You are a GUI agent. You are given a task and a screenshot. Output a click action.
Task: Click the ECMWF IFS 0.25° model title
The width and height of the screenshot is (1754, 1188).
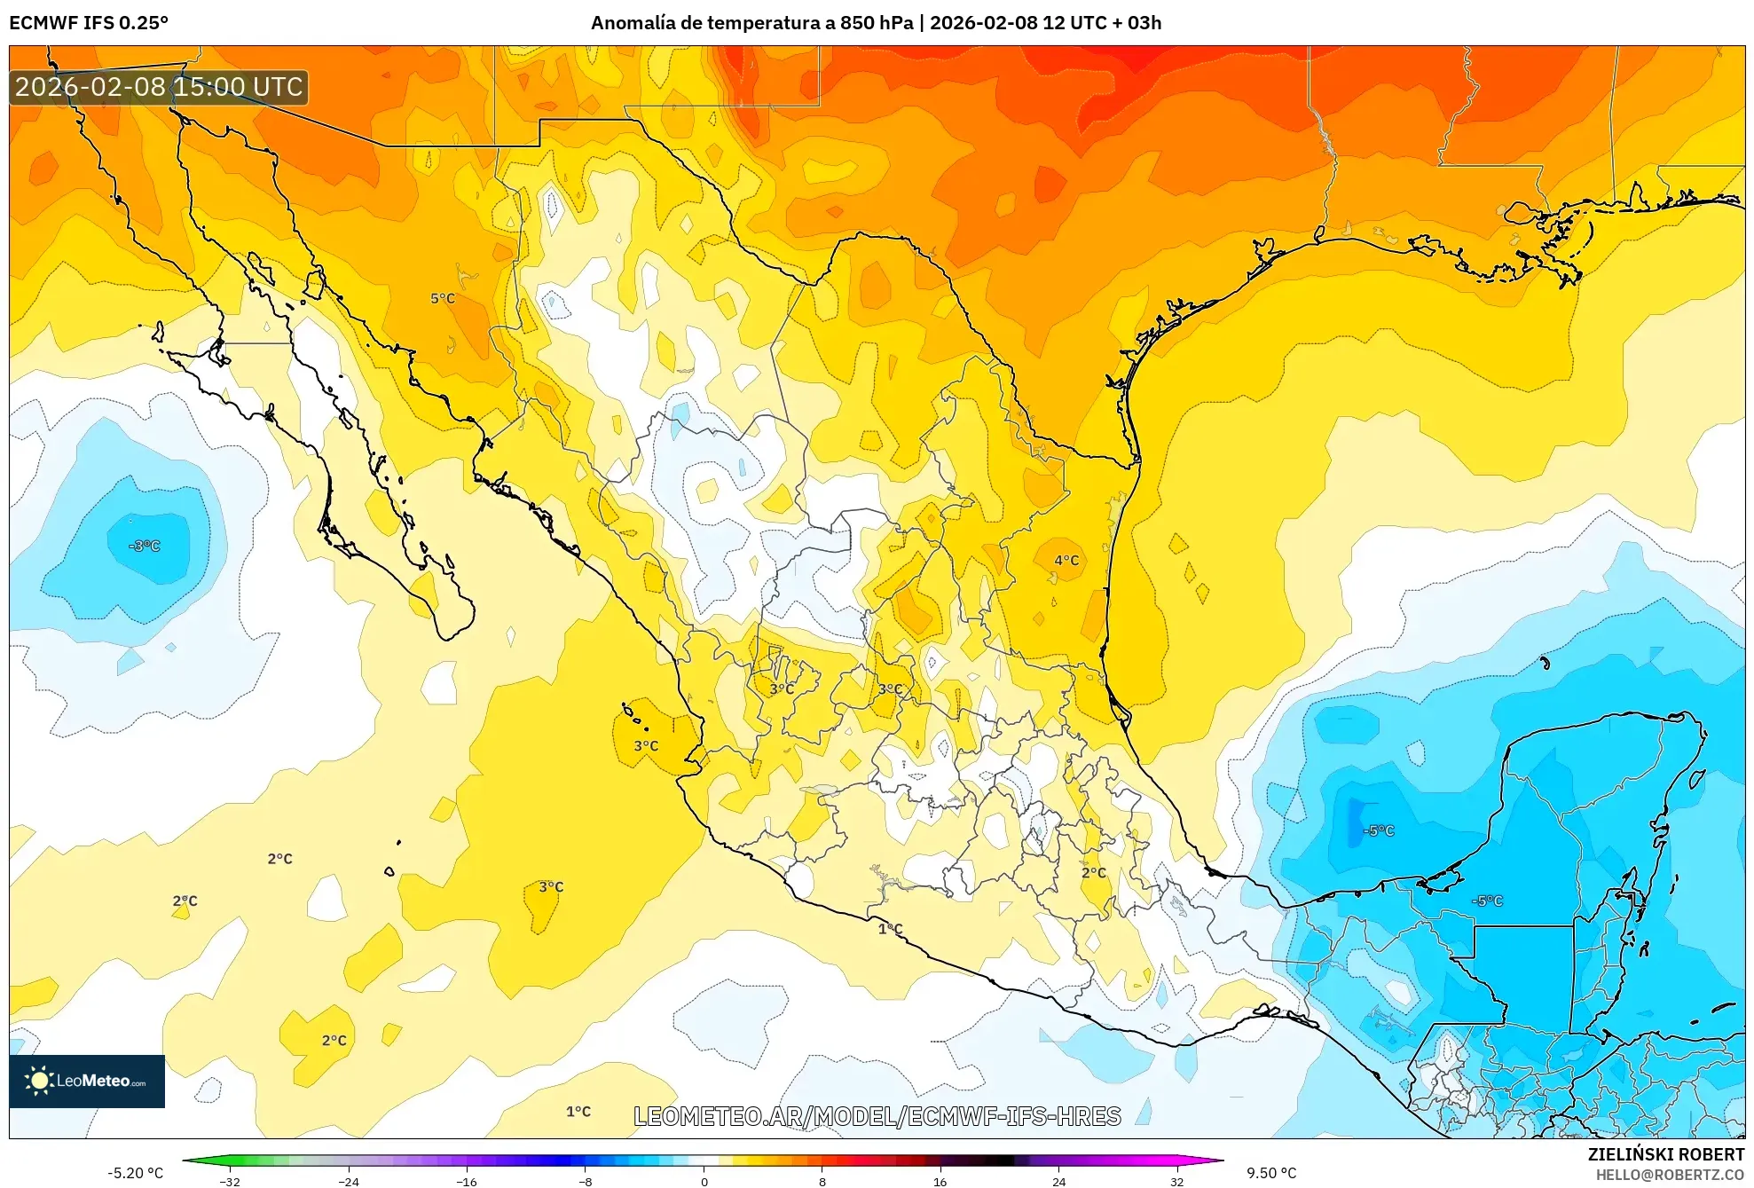89,23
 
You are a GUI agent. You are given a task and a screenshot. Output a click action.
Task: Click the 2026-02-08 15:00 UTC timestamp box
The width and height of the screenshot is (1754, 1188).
159,87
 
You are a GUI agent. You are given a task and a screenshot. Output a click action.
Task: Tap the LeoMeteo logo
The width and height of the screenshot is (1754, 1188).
87,1081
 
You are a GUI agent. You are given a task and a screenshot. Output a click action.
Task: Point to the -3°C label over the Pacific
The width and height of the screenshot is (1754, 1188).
145,546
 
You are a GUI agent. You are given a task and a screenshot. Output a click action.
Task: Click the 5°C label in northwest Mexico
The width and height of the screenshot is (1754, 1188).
443,299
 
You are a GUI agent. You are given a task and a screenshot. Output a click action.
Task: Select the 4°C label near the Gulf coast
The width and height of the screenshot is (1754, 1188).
1066,560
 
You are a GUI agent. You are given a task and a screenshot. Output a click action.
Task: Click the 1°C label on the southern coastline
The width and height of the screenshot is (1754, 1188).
890,929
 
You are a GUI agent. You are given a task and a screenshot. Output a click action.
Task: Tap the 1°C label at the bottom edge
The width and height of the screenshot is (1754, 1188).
578,1111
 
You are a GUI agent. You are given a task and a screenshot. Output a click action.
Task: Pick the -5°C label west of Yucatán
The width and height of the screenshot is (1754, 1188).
1379,830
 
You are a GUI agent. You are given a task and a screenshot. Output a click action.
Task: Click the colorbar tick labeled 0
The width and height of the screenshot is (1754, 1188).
704,1181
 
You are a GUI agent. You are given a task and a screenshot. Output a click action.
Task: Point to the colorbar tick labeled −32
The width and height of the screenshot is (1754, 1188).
230,1181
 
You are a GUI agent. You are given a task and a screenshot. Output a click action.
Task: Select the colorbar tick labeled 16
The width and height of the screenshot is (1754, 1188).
940,1181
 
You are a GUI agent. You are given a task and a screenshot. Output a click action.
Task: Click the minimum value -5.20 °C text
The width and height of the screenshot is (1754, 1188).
135,1173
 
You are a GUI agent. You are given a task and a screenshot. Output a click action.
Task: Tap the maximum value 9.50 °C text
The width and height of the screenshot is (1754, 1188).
1271,1173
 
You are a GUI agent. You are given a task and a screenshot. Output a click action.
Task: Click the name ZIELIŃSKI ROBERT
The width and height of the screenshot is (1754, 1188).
1665,1154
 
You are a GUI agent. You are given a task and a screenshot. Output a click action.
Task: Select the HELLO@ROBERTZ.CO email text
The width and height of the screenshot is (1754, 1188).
1670,1175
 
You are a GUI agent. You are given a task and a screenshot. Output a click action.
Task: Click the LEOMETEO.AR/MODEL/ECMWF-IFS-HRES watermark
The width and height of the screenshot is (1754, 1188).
877,1116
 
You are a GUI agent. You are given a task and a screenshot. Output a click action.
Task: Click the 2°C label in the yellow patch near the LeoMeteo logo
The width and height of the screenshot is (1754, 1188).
334,1040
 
